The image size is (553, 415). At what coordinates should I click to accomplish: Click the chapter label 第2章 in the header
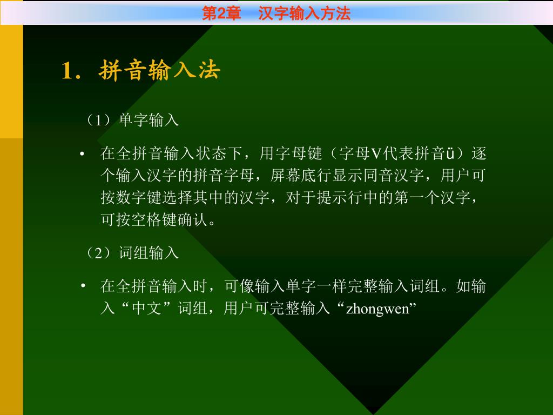(221, 14)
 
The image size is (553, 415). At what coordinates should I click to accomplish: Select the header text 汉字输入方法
(305, 14)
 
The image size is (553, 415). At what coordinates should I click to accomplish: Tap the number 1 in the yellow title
(67, 70)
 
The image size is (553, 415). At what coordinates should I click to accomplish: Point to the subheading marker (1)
(98, 120)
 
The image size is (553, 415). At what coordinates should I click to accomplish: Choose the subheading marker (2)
(98, 253)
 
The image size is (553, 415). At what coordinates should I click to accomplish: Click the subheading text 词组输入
(149, 253)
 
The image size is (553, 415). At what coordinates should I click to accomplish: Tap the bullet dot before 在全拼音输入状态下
(82, 154)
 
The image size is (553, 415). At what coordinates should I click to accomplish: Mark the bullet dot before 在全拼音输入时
(82, 286)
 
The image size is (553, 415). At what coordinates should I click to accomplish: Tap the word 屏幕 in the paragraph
(286, 176)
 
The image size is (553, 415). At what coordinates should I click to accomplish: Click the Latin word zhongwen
(377, 309)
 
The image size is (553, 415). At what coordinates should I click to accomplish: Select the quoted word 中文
(147, 308)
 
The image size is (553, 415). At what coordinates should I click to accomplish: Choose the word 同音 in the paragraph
(379, 176)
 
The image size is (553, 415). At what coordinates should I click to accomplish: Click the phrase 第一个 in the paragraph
(417, 198)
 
